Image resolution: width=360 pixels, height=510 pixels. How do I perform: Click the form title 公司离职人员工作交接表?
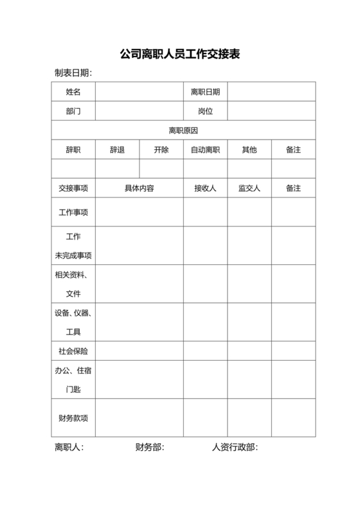pyautogui.click(x=180, y=54)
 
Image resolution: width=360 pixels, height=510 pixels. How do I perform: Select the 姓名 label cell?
pyautogui.click(x=73, y=92)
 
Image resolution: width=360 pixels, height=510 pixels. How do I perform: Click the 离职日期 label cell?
pyautogui.click(x=205, y=92)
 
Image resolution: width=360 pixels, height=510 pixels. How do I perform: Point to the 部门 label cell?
pyautogui.click(x=73, y=111)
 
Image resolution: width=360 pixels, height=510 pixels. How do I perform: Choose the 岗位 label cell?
pyautogui.click(x=205, y=111)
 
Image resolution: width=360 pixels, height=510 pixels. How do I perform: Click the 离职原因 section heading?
pyautogui.click(x=183, y=131)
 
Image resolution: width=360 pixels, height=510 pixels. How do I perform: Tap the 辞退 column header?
pyautogui.click(x=117, y=150)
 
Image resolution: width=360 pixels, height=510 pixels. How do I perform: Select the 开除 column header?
pyautogui.click(x=161, y=150)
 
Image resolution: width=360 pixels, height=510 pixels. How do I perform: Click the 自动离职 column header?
pyautogui.click(x=205, y=150)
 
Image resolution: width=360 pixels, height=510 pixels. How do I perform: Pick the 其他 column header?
pyautogui.click(x=249, y=150)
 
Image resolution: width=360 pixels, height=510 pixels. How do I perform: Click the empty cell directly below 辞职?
pyautogui.click(x=73, y=168)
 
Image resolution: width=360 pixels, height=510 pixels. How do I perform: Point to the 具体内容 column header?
pyautogui.click(x=139, y=188)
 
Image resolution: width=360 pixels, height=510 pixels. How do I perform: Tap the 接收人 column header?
pyautogui.click(x=205, y=188)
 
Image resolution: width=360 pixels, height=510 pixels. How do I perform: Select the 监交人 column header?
pyautogui.click(x=249, y=188)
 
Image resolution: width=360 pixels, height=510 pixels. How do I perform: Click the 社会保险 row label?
pyautogui.click(x=73, y=352)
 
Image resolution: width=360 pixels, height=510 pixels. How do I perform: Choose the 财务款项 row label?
pyautogui.click(x=73, y=418)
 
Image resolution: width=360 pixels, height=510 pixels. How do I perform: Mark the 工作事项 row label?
pyautogui.click(x=73, y=212)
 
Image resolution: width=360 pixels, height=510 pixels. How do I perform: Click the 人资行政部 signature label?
pyautogui.click(x=235, y=448)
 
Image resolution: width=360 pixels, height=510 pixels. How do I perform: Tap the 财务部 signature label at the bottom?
pyautogui.click(x=149, y=448)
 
